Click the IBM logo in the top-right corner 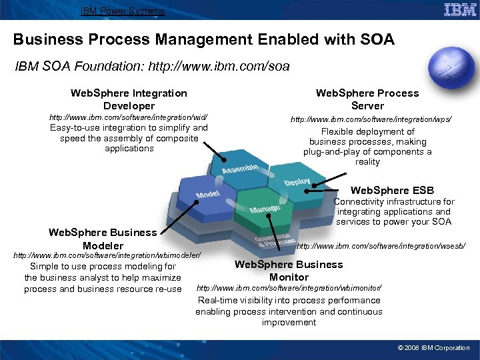(x=460, y=10)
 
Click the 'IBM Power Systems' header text (x=123, y=11)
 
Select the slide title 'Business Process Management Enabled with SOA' (x=204, y=39)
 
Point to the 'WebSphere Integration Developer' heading (x=129, y=99)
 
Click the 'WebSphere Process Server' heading (x=367, y=99)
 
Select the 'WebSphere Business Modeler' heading (x=103, y=239)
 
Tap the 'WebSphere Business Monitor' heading (x=289, y=270)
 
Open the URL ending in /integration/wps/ (x=370, y=119)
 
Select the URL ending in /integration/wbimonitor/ (x=289, y=287)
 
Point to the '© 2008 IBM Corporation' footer (x=433, y=347)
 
